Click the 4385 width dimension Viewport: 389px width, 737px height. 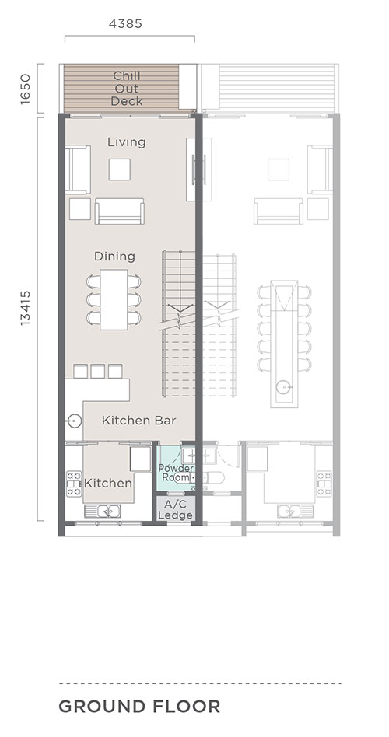[x=125, y=23]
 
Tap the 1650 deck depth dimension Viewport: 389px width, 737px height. [x=26, y=89]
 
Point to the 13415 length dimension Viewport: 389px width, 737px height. [x=26, y=308]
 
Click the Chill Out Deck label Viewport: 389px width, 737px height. [x=127, y=89]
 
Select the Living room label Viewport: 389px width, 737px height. [x=127, y=142]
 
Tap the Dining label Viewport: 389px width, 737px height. [x=115, y=257]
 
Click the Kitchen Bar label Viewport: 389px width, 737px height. [x=139, y=421]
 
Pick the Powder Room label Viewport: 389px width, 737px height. [x=176, y=473]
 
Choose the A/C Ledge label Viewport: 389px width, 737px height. [x=175, y=510]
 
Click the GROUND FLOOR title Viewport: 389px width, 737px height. [x=139, y=707]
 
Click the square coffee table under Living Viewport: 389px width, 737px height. [x=120, y=169]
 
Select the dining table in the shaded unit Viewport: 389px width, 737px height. [x=114, y=299]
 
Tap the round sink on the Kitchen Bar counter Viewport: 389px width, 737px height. [x=75, y=421]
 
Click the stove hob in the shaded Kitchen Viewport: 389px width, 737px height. [x=74, y=484]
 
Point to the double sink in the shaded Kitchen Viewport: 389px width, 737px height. [x=103, y=511]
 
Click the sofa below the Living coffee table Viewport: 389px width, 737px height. [x=120, y=211]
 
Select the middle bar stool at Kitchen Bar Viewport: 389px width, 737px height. [x=98, y=372]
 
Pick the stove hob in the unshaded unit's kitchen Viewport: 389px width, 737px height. [x=324, y=484]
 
